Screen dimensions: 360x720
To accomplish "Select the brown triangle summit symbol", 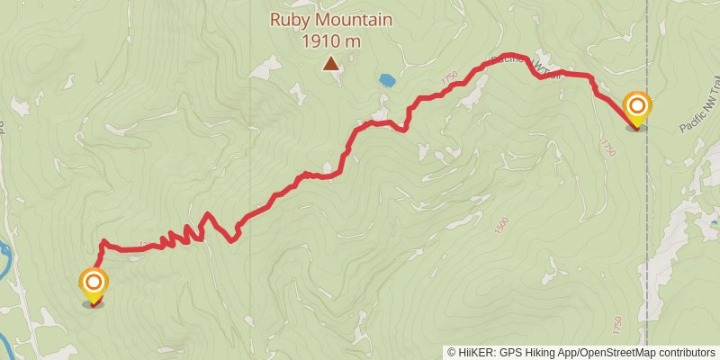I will click(x=332, y=63).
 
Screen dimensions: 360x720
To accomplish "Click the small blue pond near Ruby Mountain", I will click(x=387, y=80).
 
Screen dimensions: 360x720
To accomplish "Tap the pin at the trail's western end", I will click(x=94, y=286).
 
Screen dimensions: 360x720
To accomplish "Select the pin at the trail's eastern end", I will click(x=637, y=111).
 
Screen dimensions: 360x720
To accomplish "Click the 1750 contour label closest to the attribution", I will click(x=617, y=322).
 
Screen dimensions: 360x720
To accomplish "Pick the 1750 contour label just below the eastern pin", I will click(x=609, y=148).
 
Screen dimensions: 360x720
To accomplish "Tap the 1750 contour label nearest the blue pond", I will click(x=450, y=79).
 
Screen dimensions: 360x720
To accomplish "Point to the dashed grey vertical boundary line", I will click(x=646, y=225).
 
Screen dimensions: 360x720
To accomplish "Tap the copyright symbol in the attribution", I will click(x=452, y=352).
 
